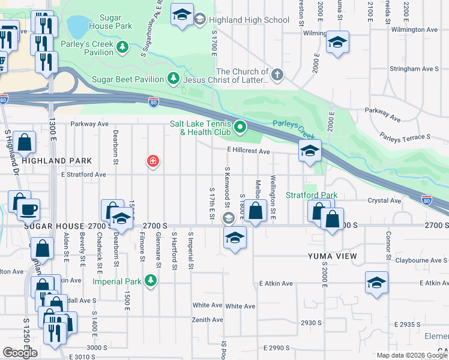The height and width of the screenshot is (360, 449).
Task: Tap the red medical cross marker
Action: [153, 161]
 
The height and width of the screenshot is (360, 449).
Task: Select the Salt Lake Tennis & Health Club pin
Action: [240, 127]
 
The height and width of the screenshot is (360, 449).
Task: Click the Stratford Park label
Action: [311, 195]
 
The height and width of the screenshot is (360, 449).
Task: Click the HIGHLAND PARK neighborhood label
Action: [56, 161]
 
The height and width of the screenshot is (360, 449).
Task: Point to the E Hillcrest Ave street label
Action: [248, 152]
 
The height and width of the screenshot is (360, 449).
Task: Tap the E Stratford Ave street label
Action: [83, 175]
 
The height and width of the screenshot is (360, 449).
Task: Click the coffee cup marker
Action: [28, 210]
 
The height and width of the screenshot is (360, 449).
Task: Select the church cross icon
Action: [276, 75]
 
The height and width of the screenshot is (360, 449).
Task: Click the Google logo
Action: [20, 352]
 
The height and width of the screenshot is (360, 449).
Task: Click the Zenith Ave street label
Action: [208, 320]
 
